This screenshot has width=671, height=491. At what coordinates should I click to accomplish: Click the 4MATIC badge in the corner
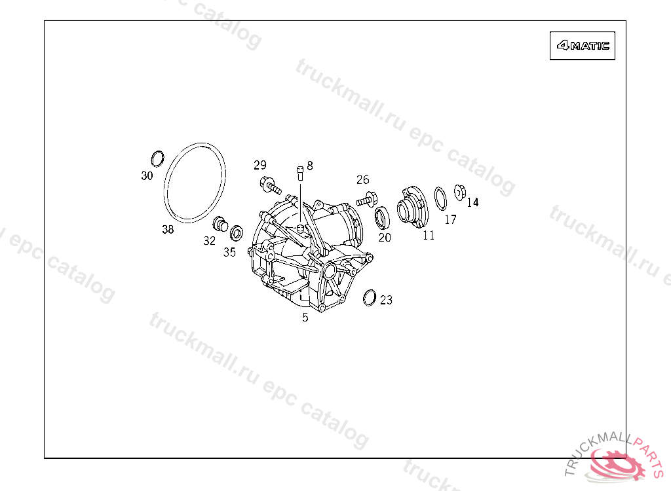583,45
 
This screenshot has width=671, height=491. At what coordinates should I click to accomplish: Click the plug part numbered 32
220,224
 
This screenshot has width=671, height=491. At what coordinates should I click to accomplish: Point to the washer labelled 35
237,233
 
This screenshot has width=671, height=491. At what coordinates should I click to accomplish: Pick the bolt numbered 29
271,186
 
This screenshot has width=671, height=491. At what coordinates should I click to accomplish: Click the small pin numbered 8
300,173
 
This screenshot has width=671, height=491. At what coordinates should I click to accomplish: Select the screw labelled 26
367,199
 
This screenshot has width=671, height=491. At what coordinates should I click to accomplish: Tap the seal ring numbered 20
382,218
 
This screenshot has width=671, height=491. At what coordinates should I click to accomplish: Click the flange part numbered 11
413,207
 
